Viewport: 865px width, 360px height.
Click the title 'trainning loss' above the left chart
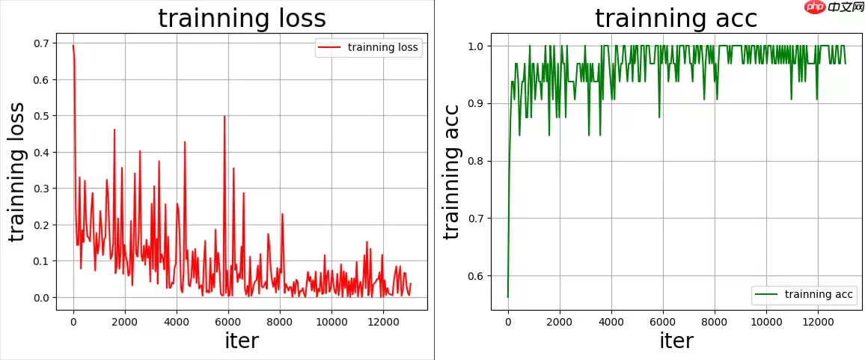point(242,19)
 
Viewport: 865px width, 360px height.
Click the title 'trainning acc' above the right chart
point(676,19)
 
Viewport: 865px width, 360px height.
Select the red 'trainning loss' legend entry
point(368,48)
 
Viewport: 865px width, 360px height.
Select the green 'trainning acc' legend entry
point(803,294)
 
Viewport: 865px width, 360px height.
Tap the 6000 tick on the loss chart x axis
point(228,323)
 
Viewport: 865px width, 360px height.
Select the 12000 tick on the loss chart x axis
point(383,323)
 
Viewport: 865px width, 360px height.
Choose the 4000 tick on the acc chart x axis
point(611,323)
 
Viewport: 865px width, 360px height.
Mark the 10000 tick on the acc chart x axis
point(766,323)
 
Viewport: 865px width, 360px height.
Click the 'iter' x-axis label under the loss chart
point(242,341)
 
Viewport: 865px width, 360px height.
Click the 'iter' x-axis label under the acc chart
point(676,341)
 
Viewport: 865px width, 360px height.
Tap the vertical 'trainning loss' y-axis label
point(17,171)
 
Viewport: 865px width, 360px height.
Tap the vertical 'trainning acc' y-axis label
point(452,171)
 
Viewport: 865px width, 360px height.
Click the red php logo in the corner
point(815,7)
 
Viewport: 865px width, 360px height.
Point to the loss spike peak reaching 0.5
point(224,116)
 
